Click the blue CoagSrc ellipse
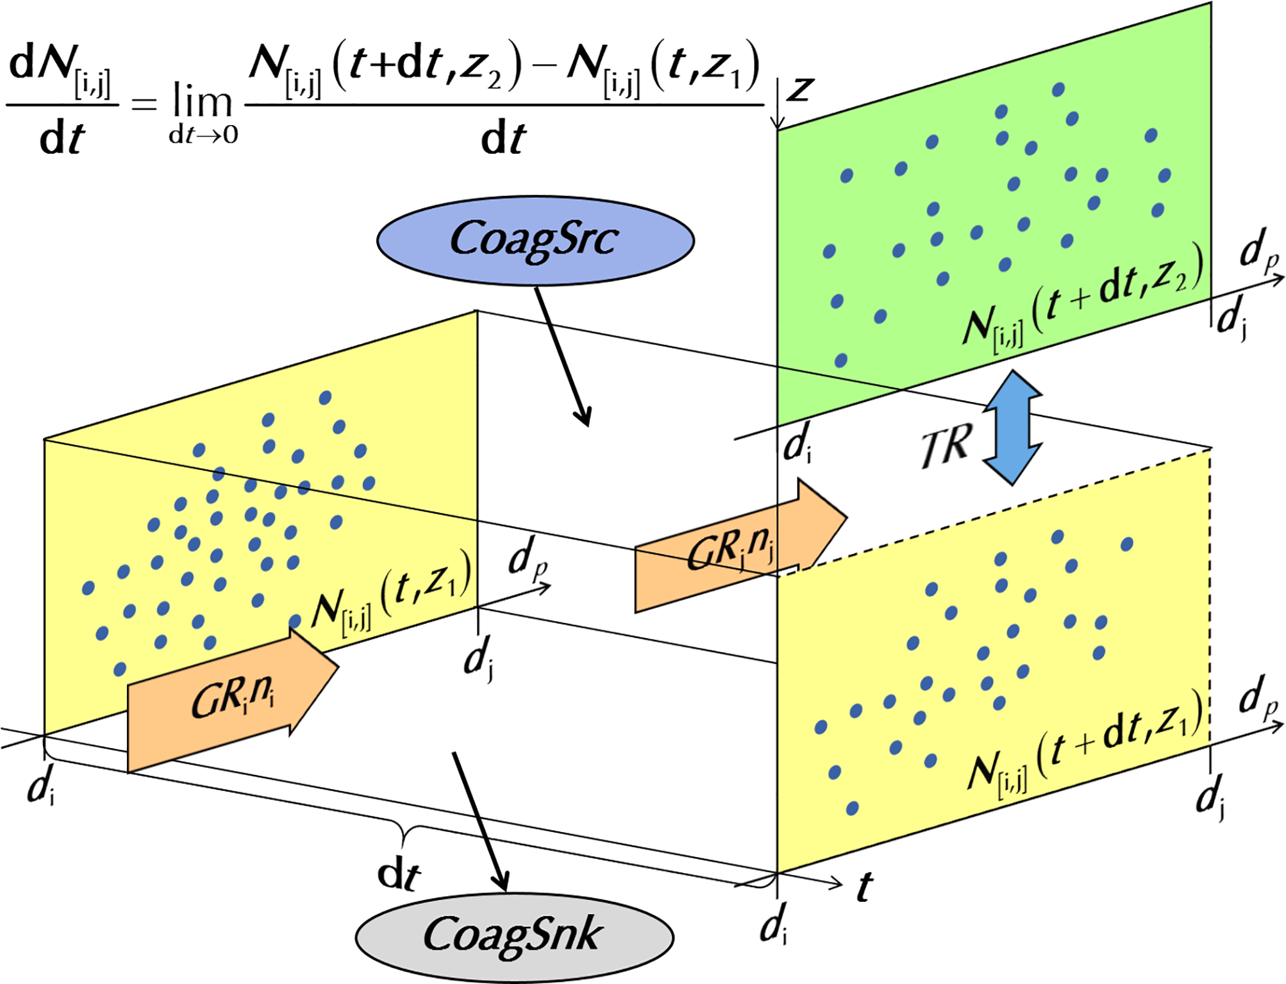(x=535, y=241)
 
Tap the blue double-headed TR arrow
(x=1013, y=428)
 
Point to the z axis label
(x=801, y=88)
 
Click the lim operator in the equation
(x=202, y=101)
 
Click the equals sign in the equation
(x=144, y=103)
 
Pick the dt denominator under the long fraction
(x=503, y=138)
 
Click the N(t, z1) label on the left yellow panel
(x=391, y=594)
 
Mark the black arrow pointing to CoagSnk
(x=482, y=822)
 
